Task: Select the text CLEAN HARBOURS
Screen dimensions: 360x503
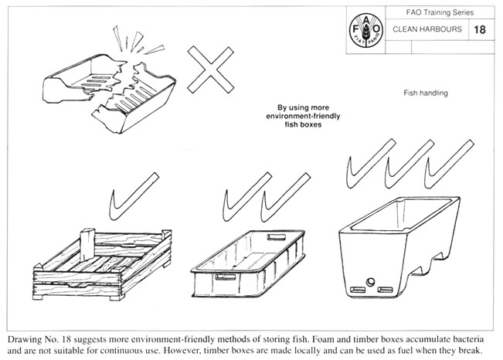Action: [x=427, y=30]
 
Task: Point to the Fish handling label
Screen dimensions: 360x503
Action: [x=425, y=93]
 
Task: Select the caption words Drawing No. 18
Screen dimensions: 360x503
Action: [x=39, y=338]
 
